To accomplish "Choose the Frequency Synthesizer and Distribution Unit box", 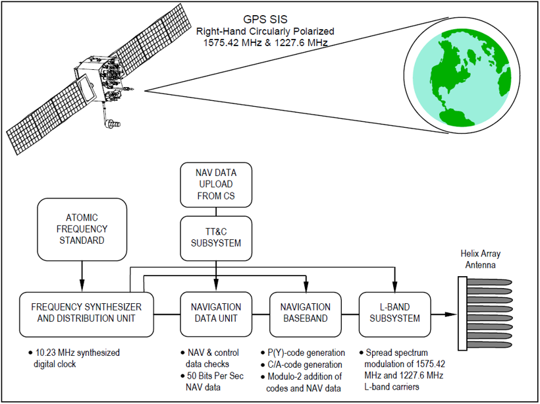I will click(x=86, y=313).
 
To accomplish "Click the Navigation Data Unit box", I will click(x=215, y=313).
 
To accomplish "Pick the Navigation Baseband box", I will click(x=306, y=313).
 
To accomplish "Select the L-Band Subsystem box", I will click(x=394, y=313).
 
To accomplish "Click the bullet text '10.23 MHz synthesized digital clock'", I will click(x=73, y=358).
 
